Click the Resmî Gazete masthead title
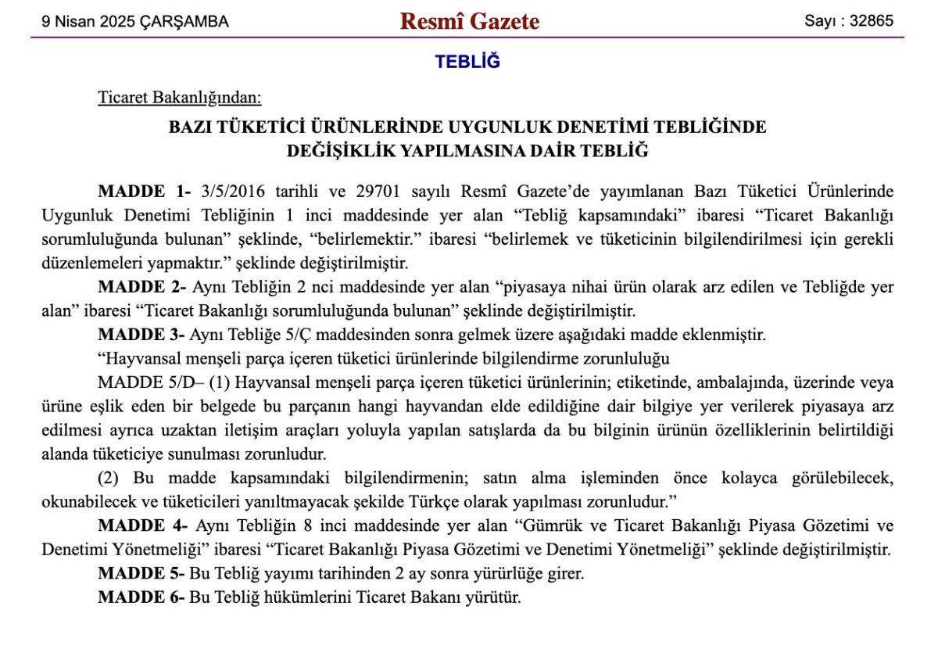click(x=469, y=21)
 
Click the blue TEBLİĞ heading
click(x=467, y=62)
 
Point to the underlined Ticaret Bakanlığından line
click(x=179, y=98)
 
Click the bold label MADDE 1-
click(x=145, y=192)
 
